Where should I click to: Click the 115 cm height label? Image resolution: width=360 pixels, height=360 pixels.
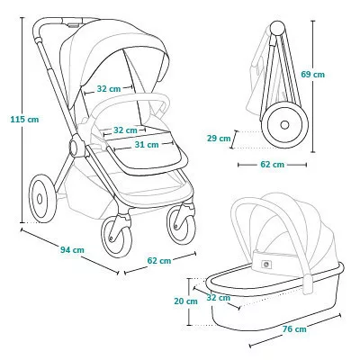24,120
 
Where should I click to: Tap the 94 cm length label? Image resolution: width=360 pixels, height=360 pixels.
72,249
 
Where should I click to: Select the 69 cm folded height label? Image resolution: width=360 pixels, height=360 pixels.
313,74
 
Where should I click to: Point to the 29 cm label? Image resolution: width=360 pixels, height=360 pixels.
219,139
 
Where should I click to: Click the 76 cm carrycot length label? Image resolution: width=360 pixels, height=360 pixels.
294,329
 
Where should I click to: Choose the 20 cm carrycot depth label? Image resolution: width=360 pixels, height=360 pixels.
185,301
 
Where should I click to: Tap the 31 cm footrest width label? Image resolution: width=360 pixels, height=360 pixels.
147,145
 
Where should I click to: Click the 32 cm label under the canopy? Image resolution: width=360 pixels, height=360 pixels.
109,89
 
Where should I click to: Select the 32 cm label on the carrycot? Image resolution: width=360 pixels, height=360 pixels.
219,298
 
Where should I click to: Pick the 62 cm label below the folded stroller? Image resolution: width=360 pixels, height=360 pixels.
272,165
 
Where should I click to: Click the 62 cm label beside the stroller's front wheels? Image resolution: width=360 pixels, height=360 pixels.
159,261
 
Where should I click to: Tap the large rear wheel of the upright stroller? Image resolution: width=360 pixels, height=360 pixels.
42,199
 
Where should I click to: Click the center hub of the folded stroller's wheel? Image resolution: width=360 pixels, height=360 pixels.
284,125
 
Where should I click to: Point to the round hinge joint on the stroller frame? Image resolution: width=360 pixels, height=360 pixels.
76,145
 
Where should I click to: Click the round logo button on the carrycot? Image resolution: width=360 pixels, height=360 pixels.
265,265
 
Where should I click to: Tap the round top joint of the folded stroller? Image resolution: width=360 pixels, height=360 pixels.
277,28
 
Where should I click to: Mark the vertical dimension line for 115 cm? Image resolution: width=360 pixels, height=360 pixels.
22,120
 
